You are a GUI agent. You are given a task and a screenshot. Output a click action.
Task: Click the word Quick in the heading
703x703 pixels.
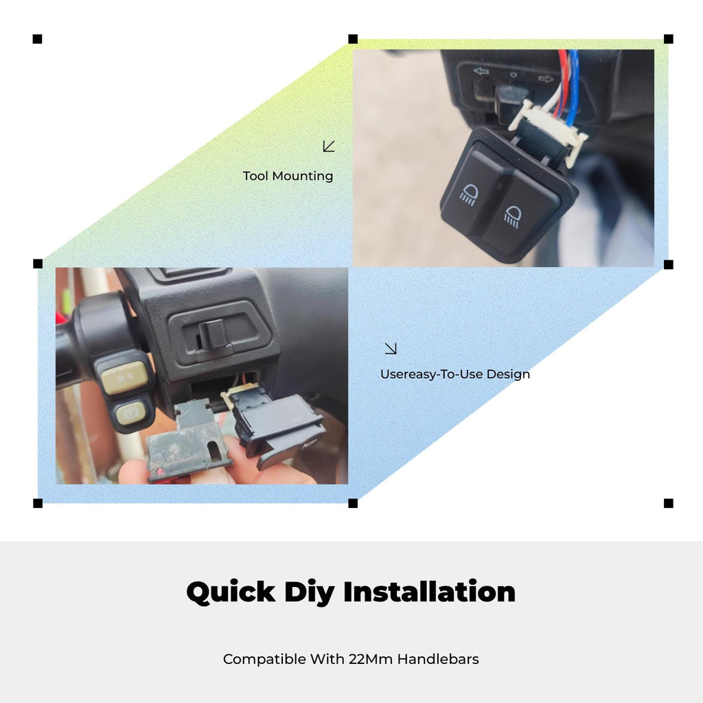pos(231,592)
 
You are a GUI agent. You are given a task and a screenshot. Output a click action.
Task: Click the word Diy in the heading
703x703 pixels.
pos(310,592)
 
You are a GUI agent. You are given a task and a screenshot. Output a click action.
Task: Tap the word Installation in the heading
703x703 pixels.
pos(430,591)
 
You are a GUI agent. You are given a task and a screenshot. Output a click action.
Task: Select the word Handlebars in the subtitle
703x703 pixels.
pos(438,659)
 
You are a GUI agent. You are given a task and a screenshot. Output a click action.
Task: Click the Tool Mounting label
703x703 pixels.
pos(288,176)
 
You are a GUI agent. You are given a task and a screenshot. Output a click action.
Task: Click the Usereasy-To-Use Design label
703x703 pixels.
pos(455,374)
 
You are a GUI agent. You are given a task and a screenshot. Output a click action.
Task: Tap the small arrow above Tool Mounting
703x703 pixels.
pos(329,146)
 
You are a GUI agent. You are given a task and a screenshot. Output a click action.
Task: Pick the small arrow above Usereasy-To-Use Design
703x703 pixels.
pos(391,348)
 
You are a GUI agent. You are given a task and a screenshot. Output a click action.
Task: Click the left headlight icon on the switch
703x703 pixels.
pos(469,194)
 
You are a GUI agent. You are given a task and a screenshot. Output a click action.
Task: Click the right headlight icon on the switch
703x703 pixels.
pos(512,217)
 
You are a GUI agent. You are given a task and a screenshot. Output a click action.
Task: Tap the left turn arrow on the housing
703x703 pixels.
pos(481,71)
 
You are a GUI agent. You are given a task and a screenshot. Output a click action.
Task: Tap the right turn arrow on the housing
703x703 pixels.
pos(546,79)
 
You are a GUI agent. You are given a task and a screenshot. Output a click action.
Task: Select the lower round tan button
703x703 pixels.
pos(130,413)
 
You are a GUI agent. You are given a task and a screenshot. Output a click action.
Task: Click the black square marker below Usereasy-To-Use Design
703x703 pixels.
pos(353,503)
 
